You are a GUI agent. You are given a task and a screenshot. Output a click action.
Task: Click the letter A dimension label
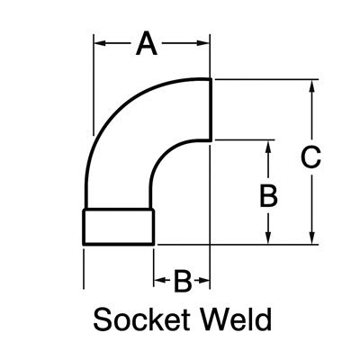pyautogui.click(x=147, y=42)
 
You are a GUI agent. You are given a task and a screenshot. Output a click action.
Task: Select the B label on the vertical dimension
pyautogui.click(x=268, y=195)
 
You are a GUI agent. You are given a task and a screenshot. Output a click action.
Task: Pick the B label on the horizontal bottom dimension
pyautogui.click(x=182, y=282)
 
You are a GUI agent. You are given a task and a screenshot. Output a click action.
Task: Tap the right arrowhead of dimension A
pyautogui.click(x=205, y=42)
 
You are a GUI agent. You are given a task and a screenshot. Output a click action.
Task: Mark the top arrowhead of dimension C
pyautogui.click(x=311, y=85)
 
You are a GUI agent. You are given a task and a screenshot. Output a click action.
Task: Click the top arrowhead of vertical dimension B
pyautogui.click(x=268, y=146)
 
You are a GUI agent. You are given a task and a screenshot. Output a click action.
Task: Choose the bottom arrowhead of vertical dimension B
pyautogui.click(x=268, y=238)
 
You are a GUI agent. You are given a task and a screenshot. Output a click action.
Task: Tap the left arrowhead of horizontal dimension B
pyautogui.click(x=158, y=282)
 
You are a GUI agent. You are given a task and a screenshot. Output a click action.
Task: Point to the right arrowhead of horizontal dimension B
pyautogui.click(x=205, y=282)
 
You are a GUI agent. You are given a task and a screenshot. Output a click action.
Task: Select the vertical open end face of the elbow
pyautogui.click(x=211, y=109)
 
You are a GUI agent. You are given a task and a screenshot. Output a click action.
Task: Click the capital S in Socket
pyautogui.click(x=101, y=319)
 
